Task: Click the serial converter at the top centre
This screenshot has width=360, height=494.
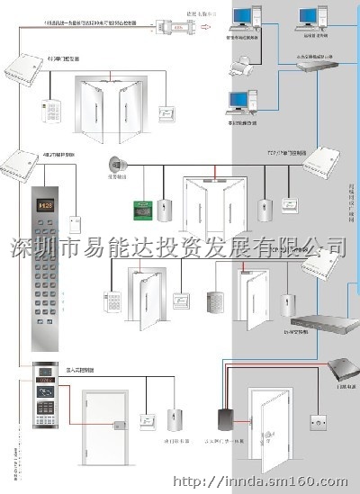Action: click(x=176, y=30)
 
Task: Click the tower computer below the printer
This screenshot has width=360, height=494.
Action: click(x=244, y=101)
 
